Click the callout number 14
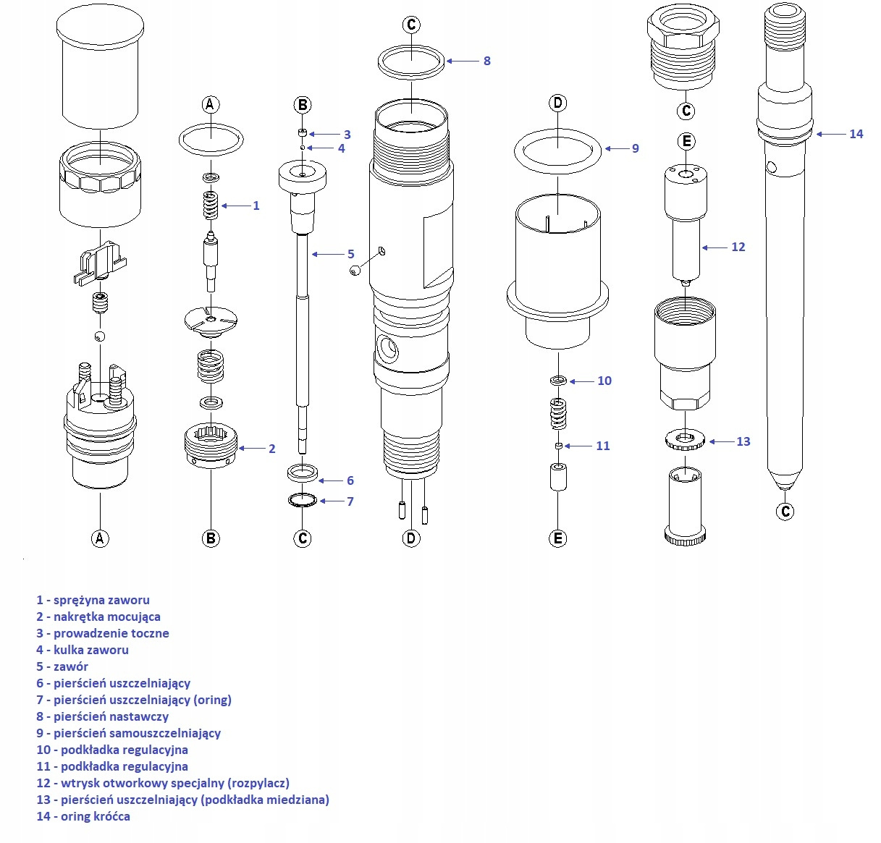(x=856, y=134)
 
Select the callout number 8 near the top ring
(x=486, y=61)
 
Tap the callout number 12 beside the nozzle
(x=738, y=247)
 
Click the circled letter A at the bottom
(x=100, y=538)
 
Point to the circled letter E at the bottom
(x=558, y=538)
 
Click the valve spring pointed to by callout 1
(x=211, y=206)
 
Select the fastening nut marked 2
(x=211, y=446)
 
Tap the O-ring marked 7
(x=303, y=501)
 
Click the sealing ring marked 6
(x=303, y=474)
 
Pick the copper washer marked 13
(x=683, y=439)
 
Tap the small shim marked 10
(x=557, y=381)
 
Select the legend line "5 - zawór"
(x=62, y=666)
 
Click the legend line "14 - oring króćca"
(x=83, y=816)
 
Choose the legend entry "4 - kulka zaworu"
(x=83, y=650)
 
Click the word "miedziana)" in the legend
(x=298, y=800)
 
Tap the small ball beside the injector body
(x=355, y=270)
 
